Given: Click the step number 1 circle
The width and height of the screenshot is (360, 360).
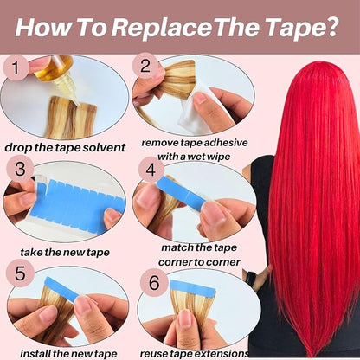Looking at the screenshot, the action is tap(16, 68).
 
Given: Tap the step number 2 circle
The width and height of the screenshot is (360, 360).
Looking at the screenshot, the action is tap(145, 66).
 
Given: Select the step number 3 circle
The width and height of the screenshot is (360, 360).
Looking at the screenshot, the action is tap(20, 169).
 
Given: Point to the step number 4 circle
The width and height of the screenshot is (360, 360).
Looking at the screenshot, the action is tap(151, 170).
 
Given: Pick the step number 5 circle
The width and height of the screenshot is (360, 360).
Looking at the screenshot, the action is tap(20, 273).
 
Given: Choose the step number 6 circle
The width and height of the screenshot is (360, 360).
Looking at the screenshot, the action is tap(154, 283).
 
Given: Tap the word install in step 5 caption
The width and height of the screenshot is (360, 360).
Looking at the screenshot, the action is tap(35, 353).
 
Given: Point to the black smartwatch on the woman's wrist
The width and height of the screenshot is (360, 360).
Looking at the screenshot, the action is tap(250, 279).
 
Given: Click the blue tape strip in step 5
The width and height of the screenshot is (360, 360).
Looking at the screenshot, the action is tap(61, 289).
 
